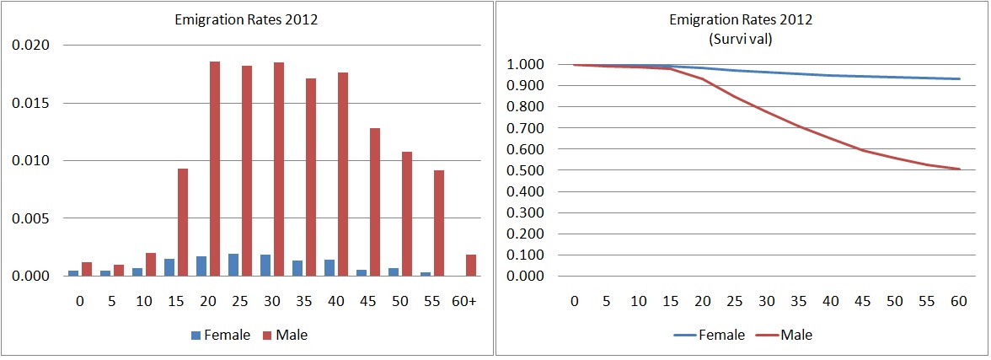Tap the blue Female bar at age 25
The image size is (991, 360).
[x=233, y=265]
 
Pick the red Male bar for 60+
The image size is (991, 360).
[x=471, y=265]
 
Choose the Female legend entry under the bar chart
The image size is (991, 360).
[x=222, y=335]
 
